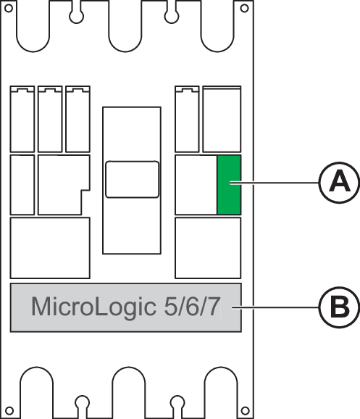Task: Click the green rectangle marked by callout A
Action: click(x=229, y=185)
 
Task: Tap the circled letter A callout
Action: click(x=339, y=183)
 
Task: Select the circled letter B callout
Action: click(x=339, y=307)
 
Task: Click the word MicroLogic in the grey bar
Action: click(x=93, y=307)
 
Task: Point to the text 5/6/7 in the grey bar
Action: click(x=192, y=307)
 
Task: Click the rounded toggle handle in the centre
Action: click(x=132, y=179)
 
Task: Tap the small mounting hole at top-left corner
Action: click(x=9, y=8)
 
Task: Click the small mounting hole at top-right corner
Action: click(x=244, y=8)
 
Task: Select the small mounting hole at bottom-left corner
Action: click(x=9, y=410)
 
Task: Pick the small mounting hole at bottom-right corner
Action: click(x=245, y=410)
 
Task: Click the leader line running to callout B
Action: click(x=275, y=307)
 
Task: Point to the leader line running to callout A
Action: click(x=275, y=183)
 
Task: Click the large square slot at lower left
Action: click(x=50, y=248)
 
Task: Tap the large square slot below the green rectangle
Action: click(x=208, y=248)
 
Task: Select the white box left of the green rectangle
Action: click(x=196, y=185)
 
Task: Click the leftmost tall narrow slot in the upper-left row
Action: click(x=22, y=119)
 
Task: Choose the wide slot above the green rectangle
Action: click(x=222, y=119)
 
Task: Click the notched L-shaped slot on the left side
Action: click(x=64, y=185)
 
